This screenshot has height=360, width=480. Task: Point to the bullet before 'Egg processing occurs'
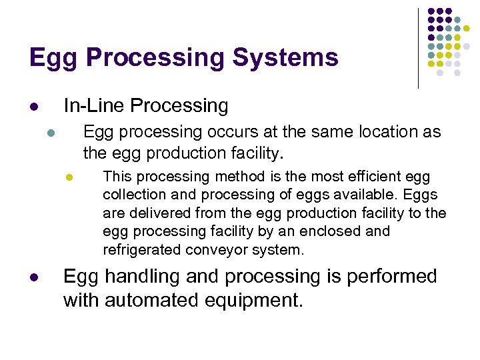tap(51, 132)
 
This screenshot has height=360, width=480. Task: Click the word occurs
tap(225, 131)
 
